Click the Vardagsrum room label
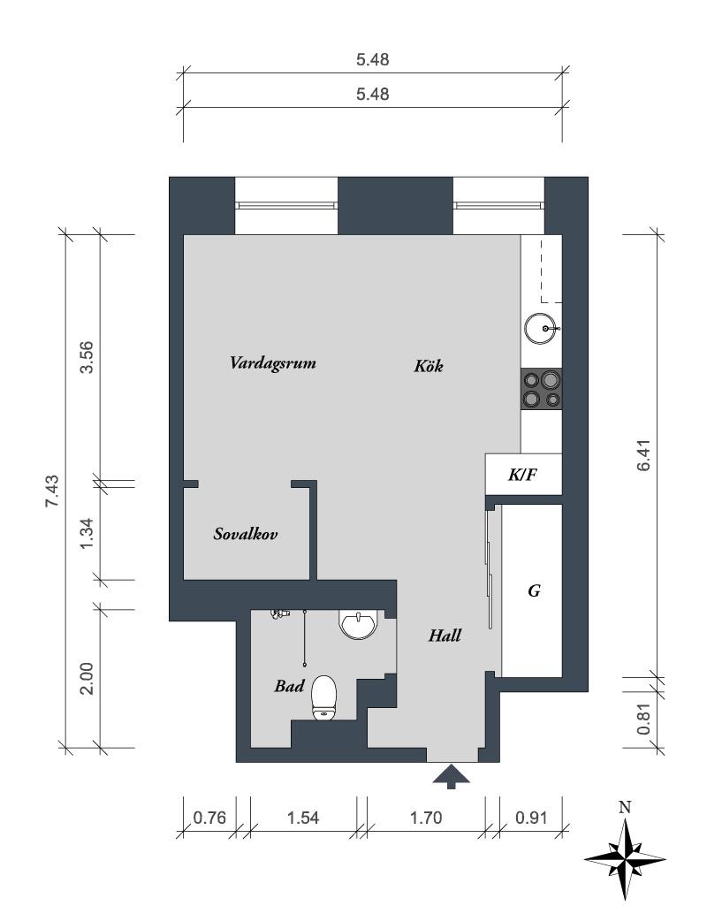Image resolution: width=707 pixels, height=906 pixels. (x=272, y=363)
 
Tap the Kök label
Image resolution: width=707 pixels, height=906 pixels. (x=429, y=366)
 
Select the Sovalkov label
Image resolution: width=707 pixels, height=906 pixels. (x=246, y=533)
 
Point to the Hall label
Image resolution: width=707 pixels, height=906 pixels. (x=445, y=636)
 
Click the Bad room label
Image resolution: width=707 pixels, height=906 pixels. (x=289, y=686)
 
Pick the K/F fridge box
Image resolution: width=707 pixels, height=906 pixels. (x=523, y=475)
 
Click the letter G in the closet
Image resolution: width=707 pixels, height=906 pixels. (x=535, y=590)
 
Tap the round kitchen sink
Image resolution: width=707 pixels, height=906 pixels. (x=542, y=329)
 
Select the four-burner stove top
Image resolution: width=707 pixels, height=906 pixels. (x=541, y=390)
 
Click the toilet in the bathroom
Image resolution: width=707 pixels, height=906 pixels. (x=324, y=698)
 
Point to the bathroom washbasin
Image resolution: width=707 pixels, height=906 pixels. (x=359, y=624)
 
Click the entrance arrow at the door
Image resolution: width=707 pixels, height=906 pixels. (x=451, y=777)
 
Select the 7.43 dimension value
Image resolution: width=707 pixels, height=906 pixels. (x=52, y=491)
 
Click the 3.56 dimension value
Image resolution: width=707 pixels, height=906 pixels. (x=87, y=358)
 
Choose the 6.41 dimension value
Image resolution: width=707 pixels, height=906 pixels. (x=644, y=455)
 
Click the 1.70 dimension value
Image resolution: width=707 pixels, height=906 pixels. (x=426, y=818)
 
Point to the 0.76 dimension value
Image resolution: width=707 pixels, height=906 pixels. (x=209, y=818)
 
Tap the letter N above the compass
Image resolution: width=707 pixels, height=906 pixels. (x=625, y=807)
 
